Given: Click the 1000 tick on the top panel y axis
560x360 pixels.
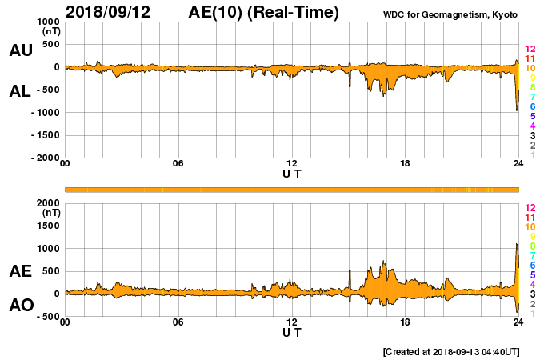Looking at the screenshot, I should tap(46, 22).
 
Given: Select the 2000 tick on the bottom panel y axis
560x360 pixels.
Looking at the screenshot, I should tap(46, 203).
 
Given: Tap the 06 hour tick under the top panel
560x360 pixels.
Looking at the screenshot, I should tap(178, 164).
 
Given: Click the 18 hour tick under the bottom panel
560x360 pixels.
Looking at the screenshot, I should tap(406, 322).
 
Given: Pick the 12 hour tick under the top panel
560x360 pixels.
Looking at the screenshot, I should tap(292, 164).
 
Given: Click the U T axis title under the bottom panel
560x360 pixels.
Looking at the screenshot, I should tap(292, 332).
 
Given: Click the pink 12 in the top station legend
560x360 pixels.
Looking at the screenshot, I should tap(530, 50).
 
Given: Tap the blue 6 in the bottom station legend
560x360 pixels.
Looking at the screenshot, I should tap(530, 265).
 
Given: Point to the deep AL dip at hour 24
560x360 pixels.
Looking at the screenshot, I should tap(517, 109).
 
